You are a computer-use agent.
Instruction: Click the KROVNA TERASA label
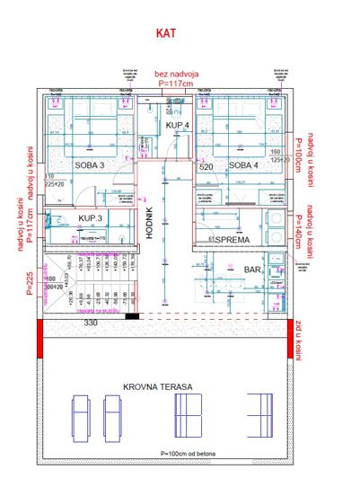coord(162,387)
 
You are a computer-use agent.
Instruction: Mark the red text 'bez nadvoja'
coord(176,75)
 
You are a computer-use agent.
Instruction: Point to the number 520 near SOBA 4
coord(206,166)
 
